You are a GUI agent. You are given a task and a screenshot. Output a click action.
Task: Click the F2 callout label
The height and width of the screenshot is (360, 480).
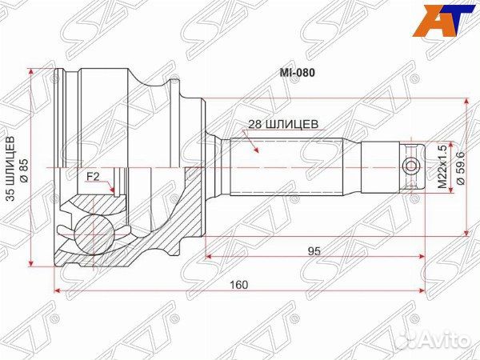pos(92,176)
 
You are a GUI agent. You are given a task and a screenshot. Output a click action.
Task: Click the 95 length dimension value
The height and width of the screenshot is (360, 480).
pos(314,251)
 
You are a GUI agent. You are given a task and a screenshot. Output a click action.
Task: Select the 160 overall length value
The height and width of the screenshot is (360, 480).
pos(238,285)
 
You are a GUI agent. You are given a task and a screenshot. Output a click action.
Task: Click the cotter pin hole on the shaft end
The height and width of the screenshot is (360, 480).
pos(411,166)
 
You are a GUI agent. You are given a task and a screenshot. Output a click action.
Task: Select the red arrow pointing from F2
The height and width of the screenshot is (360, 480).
pos(109,185)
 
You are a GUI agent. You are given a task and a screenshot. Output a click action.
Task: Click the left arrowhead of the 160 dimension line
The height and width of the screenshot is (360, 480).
pos(58,292)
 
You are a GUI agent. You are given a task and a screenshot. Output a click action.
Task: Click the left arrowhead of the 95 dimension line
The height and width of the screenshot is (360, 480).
pos(209,258)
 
